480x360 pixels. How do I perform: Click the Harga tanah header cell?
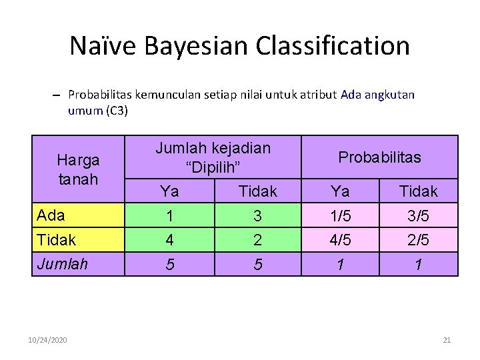point(78,169)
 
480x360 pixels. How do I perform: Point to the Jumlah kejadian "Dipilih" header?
point(213,157)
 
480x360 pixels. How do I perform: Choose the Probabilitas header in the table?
point(379,157)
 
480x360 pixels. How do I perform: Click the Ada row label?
point(51,215)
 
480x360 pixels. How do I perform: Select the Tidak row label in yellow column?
point(57,240)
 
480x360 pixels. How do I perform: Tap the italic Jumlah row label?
point(63,264)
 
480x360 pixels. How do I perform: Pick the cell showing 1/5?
point(340,216)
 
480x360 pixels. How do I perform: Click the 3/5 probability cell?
point(418,216)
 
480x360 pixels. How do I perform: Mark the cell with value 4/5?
point(340,240)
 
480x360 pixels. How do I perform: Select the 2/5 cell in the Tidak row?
point(418,240)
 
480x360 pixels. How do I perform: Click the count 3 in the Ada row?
point(257,216)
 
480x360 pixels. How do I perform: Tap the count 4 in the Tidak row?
point(169,240)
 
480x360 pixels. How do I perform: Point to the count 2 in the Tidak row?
point(257,240)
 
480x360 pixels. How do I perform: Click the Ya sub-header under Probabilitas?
point(340,191)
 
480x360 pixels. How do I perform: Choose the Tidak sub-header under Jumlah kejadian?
point(257,191)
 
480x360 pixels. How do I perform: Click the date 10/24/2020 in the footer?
point(48,340)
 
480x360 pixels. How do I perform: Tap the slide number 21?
point(447,340)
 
